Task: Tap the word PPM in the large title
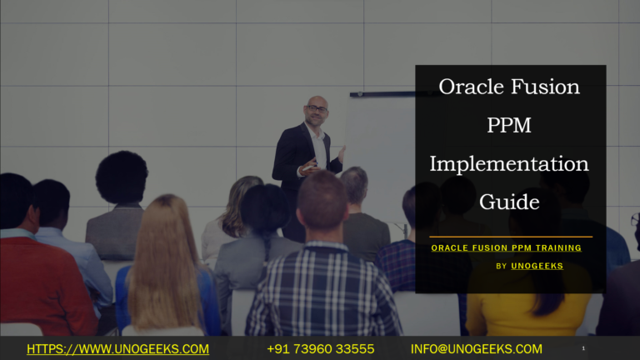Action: [x=509, y=125]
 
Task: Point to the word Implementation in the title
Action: [x=509, y=164]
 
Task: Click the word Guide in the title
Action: [x=509, y=202]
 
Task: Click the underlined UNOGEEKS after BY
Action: [x=537, y=266]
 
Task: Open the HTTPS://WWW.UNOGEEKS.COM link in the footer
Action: [x=117, y=349]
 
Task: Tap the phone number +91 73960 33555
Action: [x=320, y=349]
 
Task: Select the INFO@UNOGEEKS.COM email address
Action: [x=476, y=349]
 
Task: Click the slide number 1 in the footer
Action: [x=583, y=348]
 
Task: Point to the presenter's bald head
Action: [x=316, y=103]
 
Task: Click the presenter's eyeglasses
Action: [x=316, y=109]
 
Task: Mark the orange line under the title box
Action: [x=511, y=237]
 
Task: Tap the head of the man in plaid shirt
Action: [x=321, y=200]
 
